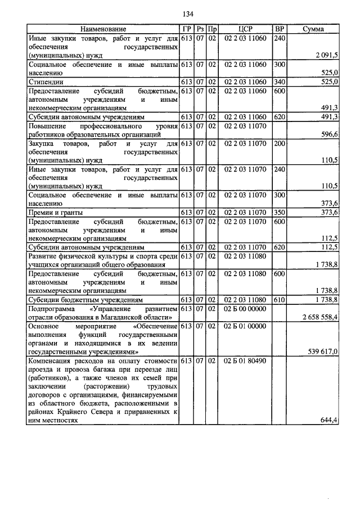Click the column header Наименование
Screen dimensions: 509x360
(x=103, y=29)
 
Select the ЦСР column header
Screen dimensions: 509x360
(x=245, y=29)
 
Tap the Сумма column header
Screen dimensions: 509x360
(x=313, y=29)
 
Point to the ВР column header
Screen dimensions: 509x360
(x=278, y=29)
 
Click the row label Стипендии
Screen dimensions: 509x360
(x=44, y=82)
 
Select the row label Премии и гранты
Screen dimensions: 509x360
(x=56, y=213)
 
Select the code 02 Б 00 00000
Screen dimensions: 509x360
(x=245, y=309)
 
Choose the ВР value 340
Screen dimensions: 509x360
(x=278, y=82)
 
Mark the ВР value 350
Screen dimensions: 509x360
(x=278, y=213)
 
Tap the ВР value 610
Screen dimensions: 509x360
(x=278, y=300)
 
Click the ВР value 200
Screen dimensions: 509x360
(x=278, y=144)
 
